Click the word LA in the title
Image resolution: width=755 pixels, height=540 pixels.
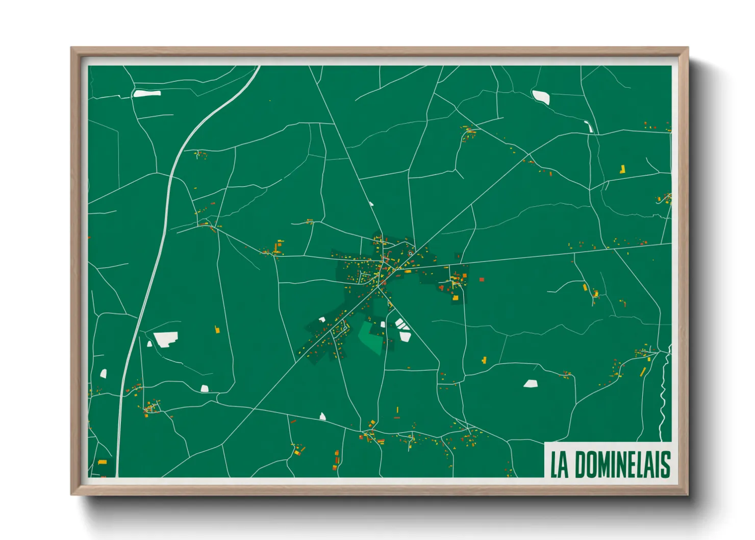559,464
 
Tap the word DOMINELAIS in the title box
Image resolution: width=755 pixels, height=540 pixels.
622,464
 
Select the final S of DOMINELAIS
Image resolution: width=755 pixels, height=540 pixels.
665,464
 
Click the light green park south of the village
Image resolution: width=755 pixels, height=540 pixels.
371,337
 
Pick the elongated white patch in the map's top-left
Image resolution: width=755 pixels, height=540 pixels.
147,93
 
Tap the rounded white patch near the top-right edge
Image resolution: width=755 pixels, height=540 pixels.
541,96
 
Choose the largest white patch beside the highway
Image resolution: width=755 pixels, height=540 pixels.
166,339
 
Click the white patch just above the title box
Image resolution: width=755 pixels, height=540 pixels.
531,383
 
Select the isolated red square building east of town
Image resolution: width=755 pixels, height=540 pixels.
481,280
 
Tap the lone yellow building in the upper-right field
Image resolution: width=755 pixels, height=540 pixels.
622,169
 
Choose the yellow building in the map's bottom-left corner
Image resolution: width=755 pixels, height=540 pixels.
103,462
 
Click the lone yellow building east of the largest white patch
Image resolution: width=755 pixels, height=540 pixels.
217,330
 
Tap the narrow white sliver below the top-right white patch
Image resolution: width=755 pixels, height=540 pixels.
590,127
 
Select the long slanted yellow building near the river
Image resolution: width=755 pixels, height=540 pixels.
643,372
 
